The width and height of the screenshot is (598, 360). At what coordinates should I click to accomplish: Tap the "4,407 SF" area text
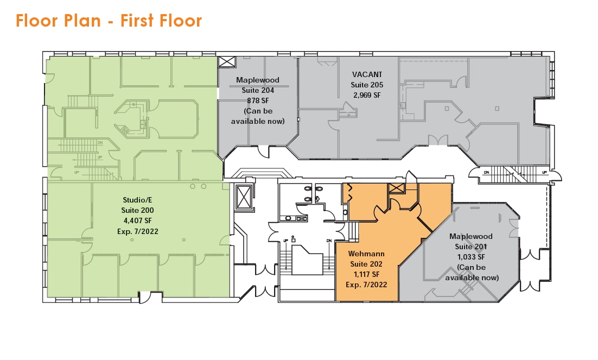(x=138, y=221)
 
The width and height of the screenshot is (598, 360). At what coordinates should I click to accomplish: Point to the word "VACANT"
(x=367, y=74)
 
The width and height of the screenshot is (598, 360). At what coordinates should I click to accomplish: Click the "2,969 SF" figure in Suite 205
(x=367, y=94)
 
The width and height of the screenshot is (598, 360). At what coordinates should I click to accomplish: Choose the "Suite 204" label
(x=258, y=90)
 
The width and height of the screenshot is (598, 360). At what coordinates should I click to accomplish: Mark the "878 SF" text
(x=258, y=100)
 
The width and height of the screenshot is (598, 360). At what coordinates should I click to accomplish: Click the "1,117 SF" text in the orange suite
(x=361, y=274)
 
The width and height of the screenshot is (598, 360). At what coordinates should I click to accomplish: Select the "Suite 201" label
(x=471, y=247)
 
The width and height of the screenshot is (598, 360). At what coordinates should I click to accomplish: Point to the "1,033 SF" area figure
(x=471, y=257)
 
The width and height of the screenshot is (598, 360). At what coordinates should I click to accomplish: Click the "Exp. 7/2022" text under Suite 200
(x=138, y=231)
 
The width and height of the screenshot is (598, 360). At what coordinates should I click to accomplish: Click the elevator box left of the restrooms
(x=244, y=196)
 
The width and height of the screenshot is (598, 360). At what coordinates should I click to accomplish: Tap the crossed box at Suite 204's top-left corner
(x=226, y=61)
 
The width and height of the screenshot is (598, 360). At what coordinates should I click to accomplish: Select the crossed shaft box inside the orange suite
(x=397, y=188)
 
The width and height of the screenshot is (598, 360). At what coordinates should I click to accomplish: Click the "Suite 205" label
(x=367, y=85)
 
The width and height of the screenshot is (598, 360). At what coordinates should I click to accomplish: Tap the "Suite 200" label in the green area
(x=138, y=211)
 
